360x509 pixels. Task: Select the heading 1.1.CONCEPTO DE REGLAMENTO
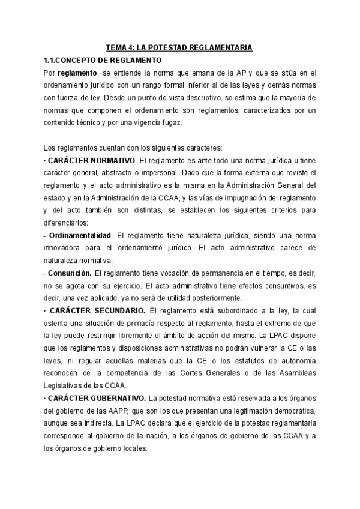pyautogui.click(x=102, y=60)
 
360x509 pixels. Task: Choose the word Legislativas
pyautogui.click(x=68, y=385)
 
